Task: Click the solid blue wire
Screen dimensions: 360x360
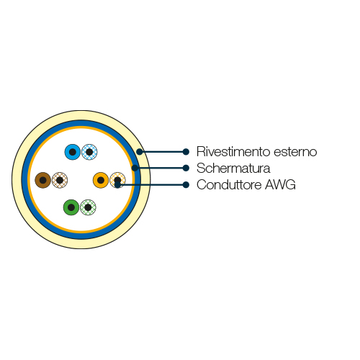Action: (x=73, y=152)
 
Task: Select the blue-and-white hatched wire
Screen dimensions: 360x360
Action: (x=89, y=152)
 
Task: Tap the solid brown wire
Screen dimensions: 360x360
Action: (x=43, y=180)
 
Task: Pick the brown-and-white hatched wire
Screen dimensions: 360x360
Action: (x=60, y=180)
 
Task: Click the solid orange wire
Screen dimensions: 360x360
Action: (x=101, y=180)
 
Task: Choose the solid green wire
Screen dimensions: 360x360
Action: (x=71, y=207)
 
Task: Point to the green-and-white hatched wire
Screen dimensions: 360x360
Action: (x=88, y=207)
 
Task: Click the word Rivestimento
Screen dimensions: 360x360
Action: (x=233, y=151)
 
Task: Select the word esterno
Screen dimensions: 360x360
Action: (x=295, y=152)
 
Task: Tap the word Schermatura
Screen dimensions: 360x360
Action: (x=233, y=168)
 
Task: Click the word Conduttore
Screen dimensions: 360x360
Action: (x=229, y=184)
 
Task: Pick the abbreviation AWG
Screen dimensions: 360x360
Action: (x=280, y=185)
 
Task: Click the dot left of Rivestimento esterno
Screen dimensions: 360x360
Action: (x=186, y=152)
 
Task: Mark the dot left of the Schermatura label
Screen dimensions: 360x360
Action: (x=186, y=168)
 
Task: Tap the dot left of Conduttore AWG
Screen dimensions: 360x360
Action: (x=186, y=185)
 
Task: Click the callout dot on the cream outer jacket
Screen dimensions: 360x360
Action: (x=140, y=152)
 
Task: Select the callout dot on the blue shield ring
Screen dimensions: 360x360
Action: (x=135, y=168)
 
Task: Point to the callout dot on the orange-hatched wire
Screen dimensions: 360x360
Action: (x=117, y=185)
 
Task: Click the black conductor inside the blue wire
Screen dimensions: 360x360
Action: (x=73, y=152)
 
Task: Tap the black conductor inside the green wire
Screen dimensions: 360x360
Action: (x=71, y=207)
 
